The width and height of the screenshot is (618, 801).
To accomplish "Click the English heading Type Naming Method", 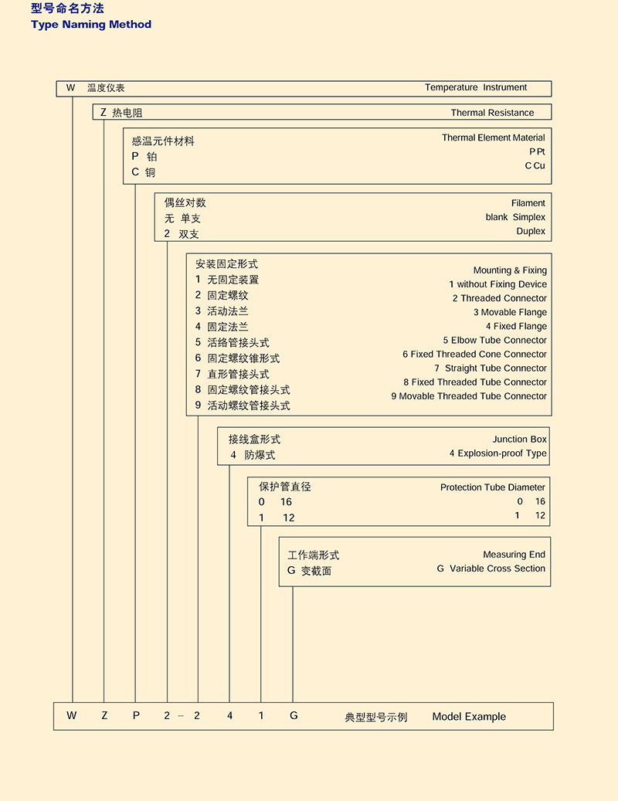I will click(x=91, y=25).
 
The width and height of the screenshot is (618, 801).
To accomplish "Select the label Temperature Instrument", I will click(x=476, y=88).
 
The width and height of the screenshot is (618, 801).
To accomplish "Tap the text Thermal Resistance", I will click(x=492, y=113).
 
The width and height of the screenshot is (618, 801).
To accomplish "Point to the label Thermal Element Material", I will click(x=493, y=138).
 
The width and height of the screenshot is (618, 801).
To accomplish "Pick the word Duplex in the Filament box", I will click(x=531, y=232).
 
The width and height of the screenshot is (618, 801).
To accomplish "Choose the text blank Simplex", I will click(x=515, y=218).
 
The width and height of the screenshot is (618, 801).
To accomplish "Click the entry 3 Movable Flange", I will click(x=510, y=313).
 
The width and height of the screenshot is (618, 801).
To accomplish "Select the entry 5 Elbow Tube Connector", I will click(x=494, y=341).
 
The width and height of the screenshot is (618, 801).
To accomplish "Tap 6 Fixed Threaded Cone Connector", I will click(x=474, y=355).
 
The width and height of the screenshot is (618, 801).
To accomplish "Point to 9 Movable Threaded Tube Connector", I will click(x=469, y=396).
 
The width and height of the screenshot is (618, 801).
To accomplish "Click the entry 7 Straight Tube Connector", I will click(x=490, y=368).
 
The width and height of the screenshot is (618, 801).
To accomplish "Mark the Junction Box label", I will click(x=519, y=440).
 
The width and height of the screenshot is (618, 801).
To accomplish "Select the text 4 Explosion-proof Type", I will click(x=497, y=453).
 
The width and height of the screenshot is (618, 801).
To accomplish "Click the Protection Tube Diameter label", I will click(x=492, y=487).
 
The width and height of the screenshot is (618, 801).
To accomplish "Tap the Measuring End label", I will click(x=514, y=555).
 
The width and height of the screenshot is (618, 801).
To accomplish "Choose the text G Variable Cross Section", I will click(x=491, y=569).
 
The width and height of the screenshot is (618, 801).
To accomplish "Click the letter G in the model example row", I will click(x=294, y=716).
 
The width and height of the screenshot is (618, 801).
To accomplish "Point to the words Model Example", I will click(x=469, y=717).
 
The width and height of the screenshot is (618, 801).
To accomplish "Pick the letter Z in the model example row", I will click(x=104, y=716).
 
